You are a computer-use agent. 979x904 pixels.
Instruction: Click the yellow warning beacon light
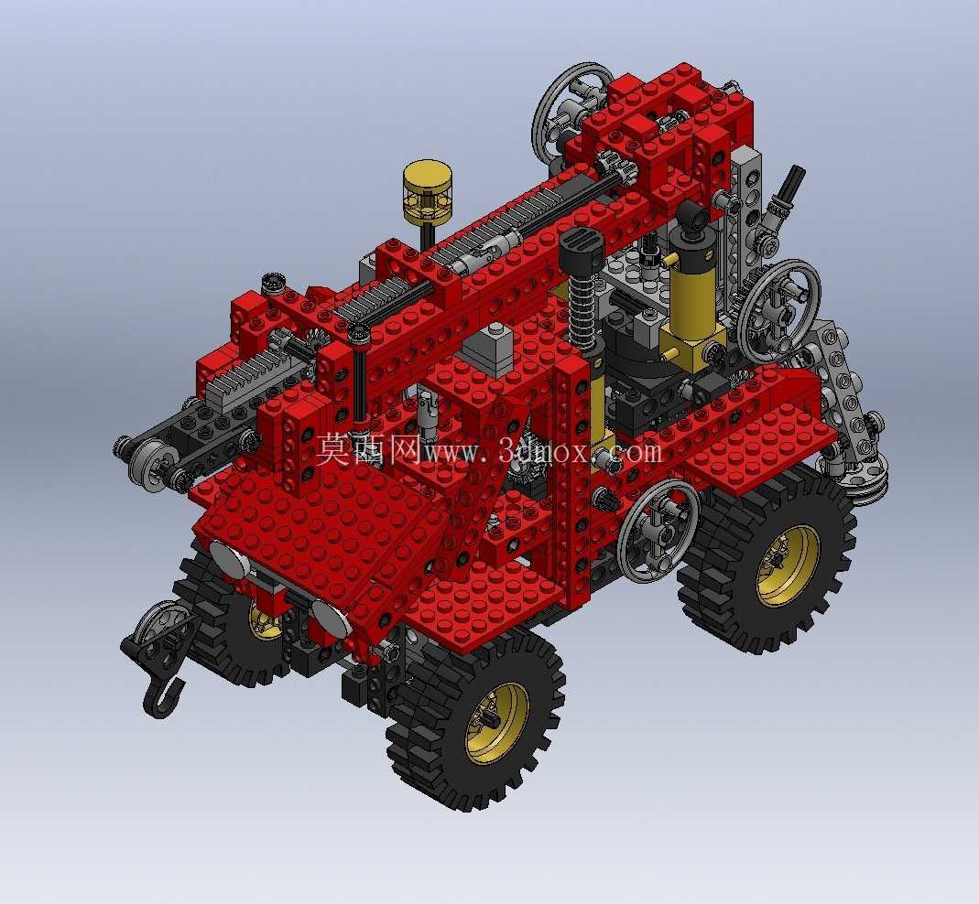pyautogui.click(x=427, y=190)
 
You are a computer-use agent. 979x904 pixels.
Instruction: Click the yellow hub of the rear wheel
pyautogui.click(x=788, y=565)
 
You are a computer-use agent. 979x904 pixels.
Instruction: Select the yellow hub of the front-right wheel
pyautogui.click(x=497, y=723)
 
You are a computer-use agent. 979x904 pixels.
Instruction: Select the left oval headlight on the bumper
pyautogui.click(x=229, y=559)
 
